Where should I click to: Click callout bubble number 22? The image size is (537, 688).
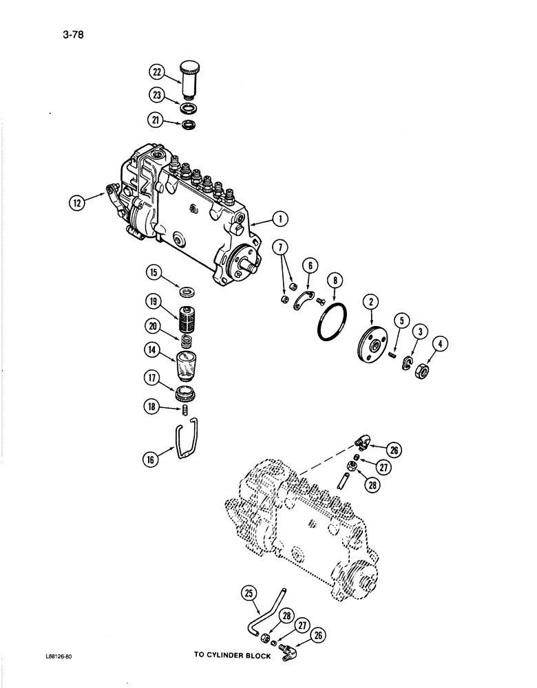tap(156, 72)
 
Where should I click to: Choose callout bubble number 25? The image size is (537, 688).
tap(251, 591)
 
